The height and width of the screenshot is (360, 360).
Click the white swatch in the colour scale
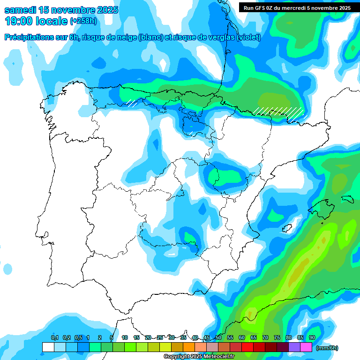click(48, 347)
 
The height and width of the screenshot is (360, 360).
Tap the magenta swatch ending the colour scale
click(306, 347)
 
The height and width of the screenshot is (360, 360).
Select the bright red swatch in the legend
click(247, 347)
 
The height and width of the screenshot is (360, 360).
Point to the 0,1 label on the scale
click(55, 338)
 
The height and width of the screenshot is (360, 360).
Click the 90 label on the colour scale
click(312, 338)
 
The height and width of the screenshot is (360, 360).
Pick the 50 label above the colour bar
click(218, 338)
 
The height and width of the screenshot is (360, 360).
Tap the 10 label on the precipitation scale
click(125, 338)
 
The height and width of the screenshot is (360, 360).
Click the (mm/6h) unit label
click(327, 348)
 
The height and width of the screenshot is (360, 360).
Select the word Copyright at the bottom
click(176, 357)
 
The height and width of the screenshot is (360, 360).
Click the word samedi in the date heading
click(21, 10)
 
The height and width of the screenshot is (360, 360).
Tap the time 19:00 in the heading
click(19, 21)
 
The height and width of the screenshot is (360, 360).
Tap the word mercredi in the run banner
click(301, 7)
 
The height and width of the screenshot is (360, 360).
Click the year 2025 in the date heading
click(105, 10)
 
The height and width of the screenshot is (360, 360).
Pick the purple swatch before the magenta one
click(294, 347)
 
